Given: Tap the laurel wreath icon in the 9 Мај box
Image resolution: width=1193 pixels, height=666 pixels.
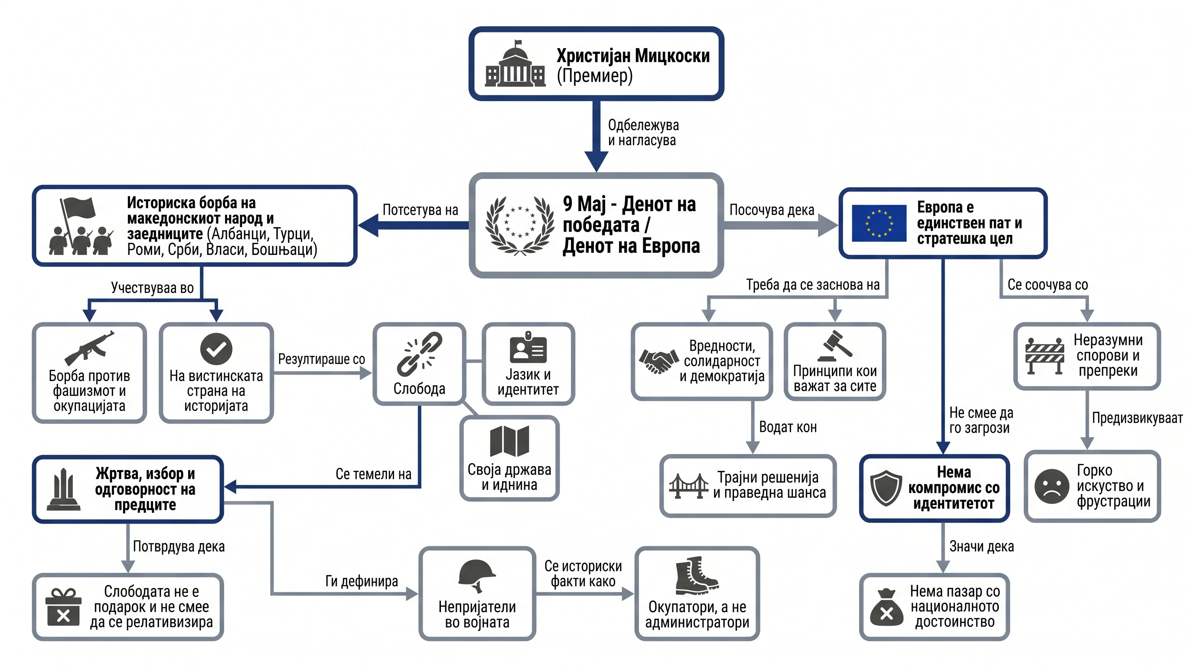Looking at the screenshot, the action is point(520,225).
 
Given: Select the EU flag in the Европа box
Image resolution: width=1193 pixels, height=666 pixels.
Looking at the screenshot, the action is point(879,223).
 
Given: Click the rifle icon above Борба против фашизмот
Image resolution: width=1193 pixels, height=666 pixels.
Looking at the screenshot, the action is point(89,348).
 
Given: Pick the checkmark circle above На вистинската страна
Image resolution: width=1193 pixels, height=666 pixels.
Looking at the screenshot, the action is point(216,349).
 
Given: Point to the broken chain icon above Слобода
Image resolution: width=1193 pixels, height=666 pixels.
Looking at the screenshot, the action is point(419,354).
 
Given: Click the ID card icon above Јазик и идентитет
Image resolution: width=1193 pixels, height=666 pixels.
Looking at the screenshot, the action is point(528,347).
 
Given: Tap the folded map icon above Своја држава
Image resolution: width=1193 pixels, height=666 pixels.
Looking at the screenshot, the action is point(509,441).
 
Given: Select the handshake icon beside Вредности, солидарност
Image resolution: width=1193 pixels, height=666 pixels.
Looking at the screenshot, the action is point(656,361).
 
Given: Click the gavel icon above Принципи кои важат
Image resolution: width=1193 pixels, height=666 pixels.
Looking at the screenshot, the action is point(834,345).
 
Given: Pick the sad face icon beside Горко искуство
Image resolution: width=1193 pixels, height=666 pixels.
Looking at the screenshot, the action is point(1052,486).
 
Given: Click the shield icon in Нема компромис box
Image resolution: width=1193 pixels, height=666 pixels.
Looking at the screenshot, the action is point(886,488).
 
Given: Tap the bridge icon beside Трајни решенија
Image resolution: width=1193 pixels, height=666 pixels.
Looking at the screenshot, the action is point(689,485).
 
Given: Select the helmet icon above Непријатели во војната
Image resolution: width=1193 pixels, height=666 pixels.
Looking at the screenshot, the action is point(477,576).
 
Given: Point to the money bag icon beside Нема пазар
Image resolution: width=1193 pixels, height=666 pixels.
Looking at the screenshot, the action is point(887,607).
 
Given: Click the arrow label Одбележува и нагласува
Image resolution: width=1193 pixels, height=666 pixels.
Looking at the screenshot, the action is point(643,132).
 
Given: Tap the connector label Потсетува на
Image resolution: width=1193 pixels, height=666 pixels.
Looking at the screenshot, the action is point(420,210).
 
